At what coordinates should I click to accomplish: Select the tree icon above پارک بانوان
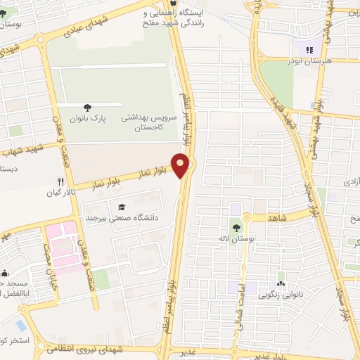87,108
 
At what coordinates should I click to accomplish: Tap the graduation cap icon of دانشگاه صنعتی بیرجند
122,207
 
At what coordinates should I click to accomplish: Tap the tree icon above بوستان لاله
236,226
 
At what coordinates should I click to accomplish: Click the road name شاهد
278,218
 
